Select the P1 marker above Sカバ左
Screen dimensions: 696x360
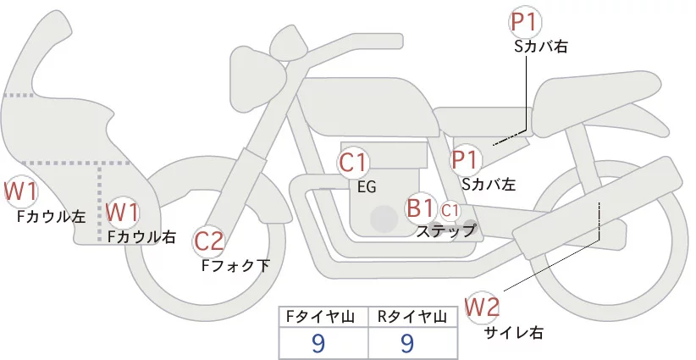(x=466, y=159)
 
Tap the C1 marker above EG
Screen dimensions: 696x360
(x=354, y=162)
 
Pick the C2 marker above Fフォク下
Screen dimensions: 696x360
(x=208, y=241)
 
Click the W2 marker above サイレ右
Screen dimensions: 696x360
(x=483, y=305)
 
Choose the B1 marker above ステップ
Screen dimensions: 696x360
(x=421, y=208)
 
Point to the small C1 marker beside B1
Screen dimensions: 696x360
(x=450, y=208)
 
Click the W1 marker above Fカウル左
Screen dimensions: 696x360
(x=19, y=191)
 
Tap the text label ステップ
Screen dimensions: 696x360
(x=445, y=230)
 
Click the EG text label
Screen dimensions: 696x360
(x=367, y=186)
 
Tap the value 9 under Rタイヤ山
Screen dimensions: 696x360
(x=407, y=343)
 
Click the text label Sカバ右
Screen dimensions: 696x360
(x=540, y=47)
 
